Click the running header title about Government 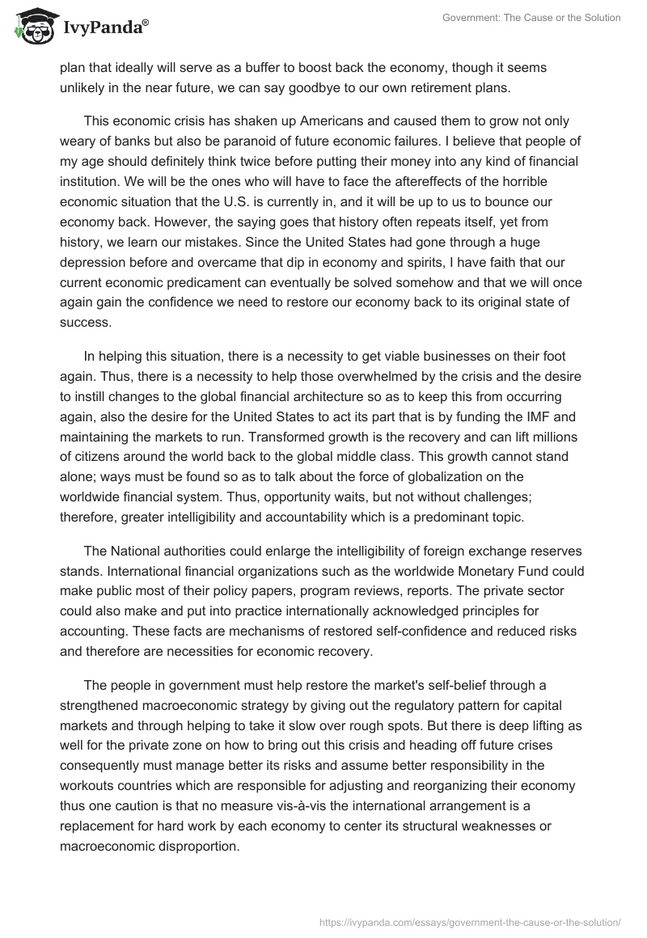[x=532, y=18]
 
